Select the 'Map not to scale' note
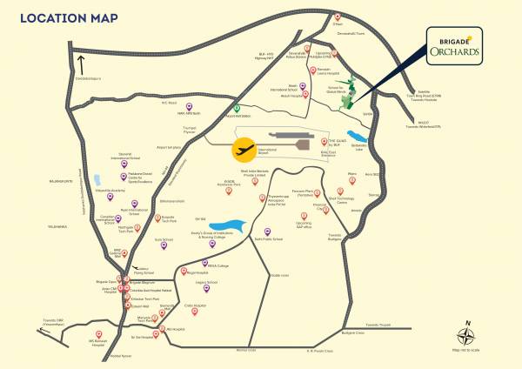[x=468, y=349]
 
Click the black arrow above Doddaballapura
[x=80, y=64]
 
